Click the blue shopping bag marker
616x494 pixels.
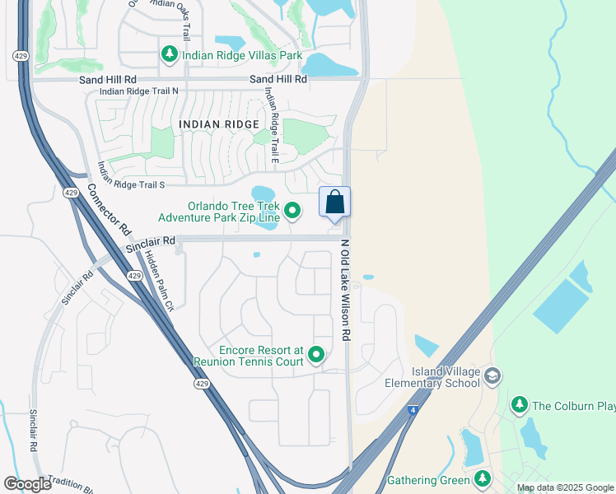tap(334, 202)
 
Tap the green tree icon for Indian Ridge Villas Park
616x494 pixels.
tap(169, 55)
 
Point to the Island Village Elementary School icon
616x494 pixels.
tap(492, 376)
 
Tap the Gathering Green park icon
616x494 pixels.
tap(483, 479)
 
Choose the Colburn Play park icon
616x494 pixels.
tap(519, 404)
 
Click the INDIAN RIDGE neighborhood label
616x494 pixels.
tap(212, 124)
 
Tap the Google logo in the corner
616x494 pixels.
tap(28, 483)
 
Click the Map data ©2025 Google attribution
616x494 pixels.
tap(564, 487)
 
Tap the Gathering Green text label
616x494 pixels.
tap(428, 480)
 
